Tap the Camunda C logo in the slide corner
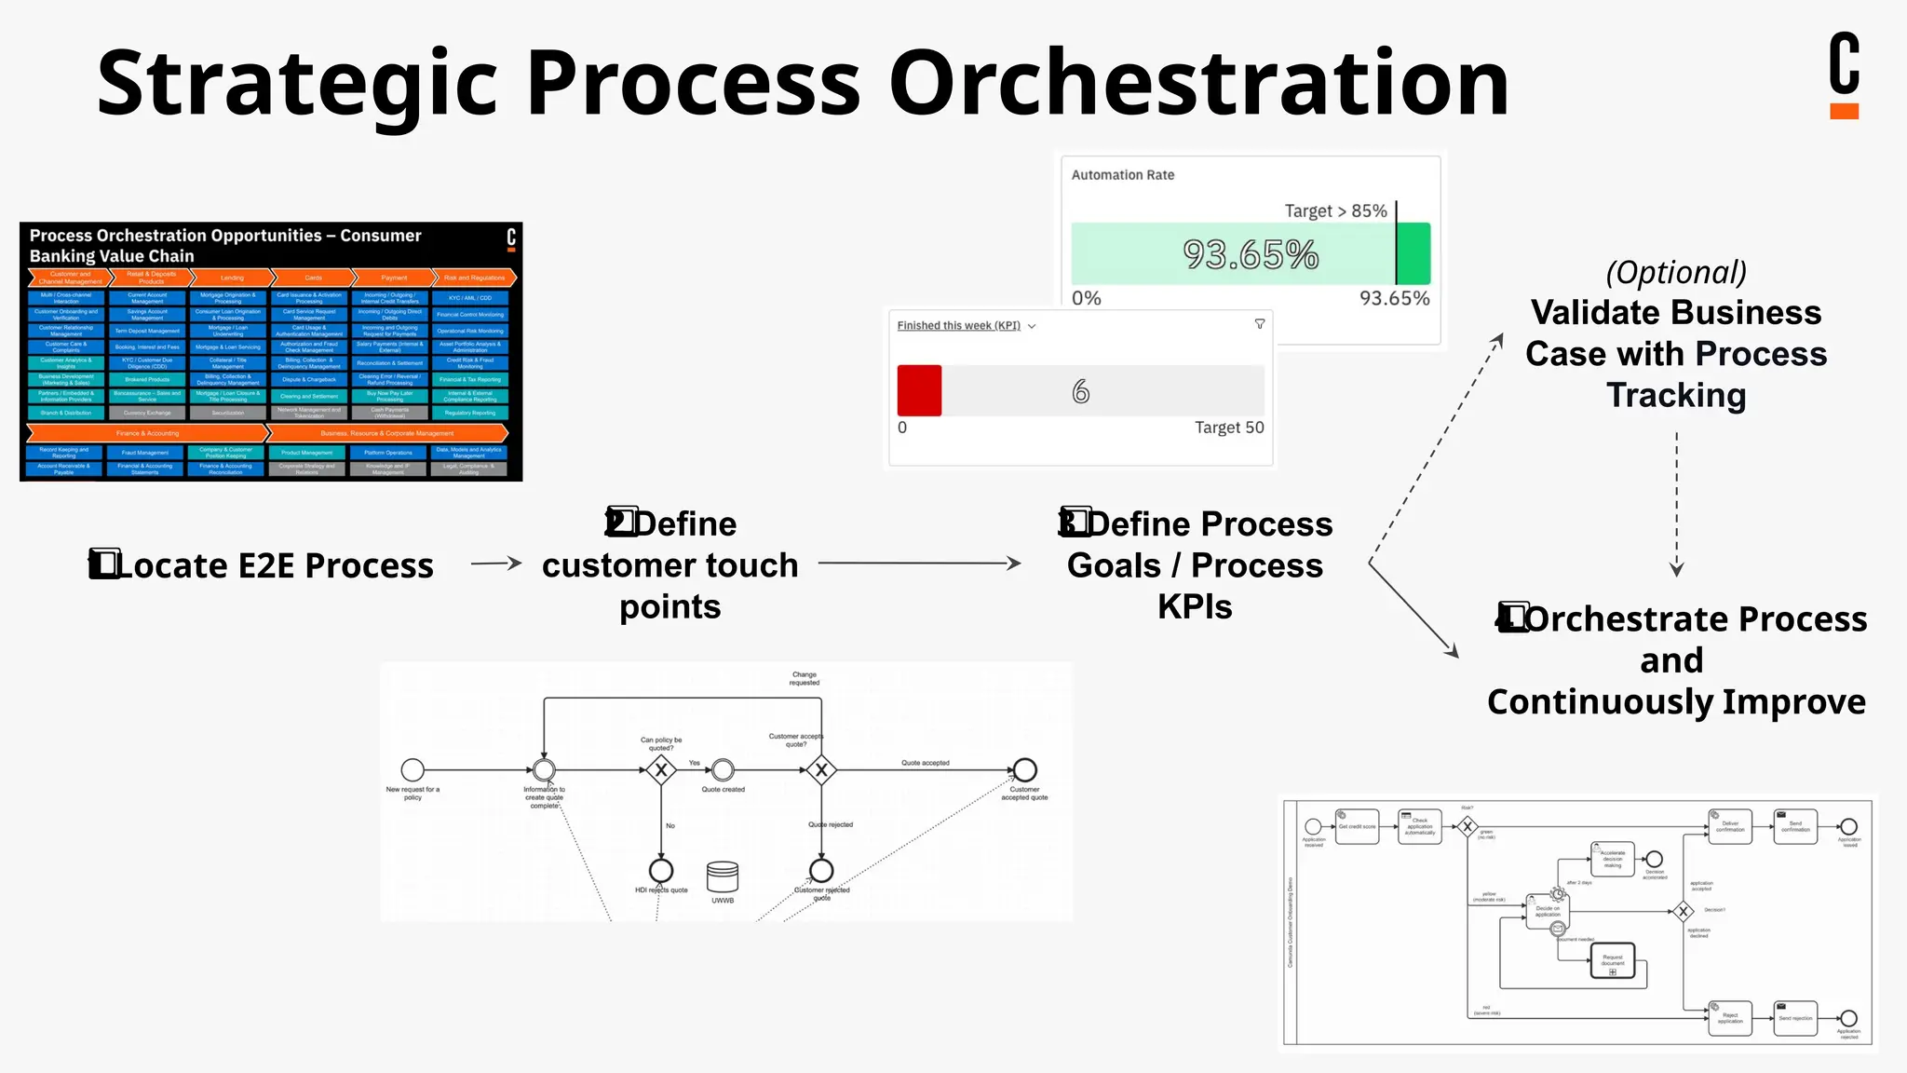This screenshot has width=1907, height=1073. click(x=1844, y=75)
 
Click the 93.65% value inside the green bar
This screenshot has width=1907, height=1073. click(x=1250, y=254)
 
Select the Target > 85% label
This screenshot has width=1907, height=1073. click(x=1335, y=211)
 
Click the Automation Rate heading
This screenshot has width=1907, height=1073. click(x=1122, y=175)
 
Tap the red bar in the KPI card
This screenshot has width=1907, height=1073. click(x=919, y=390)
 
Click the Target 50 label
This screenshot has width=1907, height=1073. click(x=1229, y=428)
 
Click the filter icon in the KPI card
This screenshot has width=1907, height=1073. click(x=1260, y=324)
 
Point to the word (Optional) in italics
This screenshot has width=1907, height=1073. click(x=1676, y=272)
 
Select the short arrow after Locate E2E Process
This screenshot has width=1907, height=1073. click(x=496, y=563)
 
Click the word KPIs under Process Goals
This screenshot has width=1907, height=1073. click(x=1195, y=606)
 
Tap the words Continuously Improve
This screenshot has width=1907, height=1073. click(x=1676, y=701)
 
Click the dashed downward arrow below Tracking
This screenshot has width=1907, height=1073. click(x=1676, y=503)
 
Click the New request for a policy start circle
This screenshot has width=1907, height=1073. click(x=413, y=770)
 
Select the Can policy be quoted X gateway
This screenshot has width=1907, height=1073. click(x=661, y=770)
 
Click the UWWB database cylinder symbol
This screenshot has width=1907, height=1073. click(x=723, y=876)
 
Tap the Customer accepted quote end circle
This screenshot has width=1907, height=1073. click(x=1024, y=770)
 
